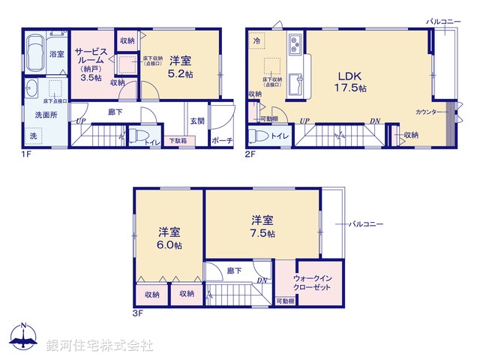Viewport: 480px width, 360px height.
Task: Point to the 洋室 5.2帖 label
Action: tap(180, 67)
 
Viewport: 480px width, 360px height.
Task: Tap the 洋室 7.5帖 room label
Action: tap(262, 226)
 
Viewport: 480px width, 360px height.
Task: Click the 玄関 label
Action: tap(197, 121)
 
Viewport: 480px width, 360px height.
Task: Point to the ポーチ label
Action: tap(222, 140)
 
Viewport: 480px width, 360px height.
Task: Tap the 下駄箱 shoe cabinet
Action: tap(177, 140)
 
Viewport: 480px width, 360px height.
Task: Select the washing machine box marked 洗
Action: tap(32, 136)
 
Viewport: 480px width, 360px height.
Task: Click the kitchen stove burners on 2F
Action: tap(294, 41)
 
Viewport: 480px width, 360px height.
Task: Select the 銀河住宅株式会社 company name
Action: tap(100, 346)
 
